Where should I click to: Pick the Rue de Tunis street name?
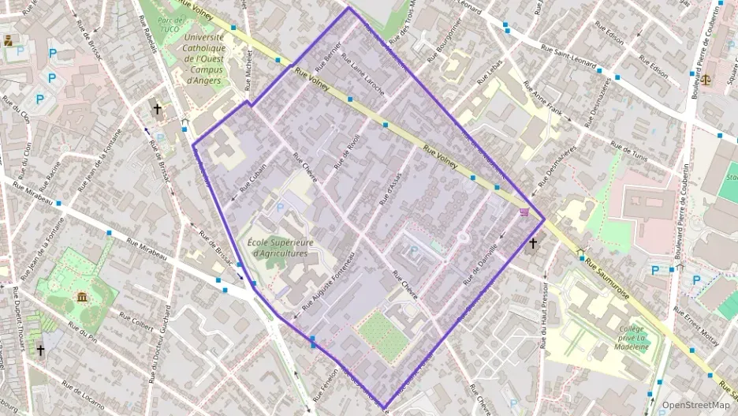tap(628, 152)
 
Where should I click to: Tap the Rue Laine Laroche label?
tap(362, 79)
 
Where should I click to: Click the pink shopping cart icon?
tap(524, 212)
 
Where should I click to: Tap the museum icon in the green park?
tap(82, 297)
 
